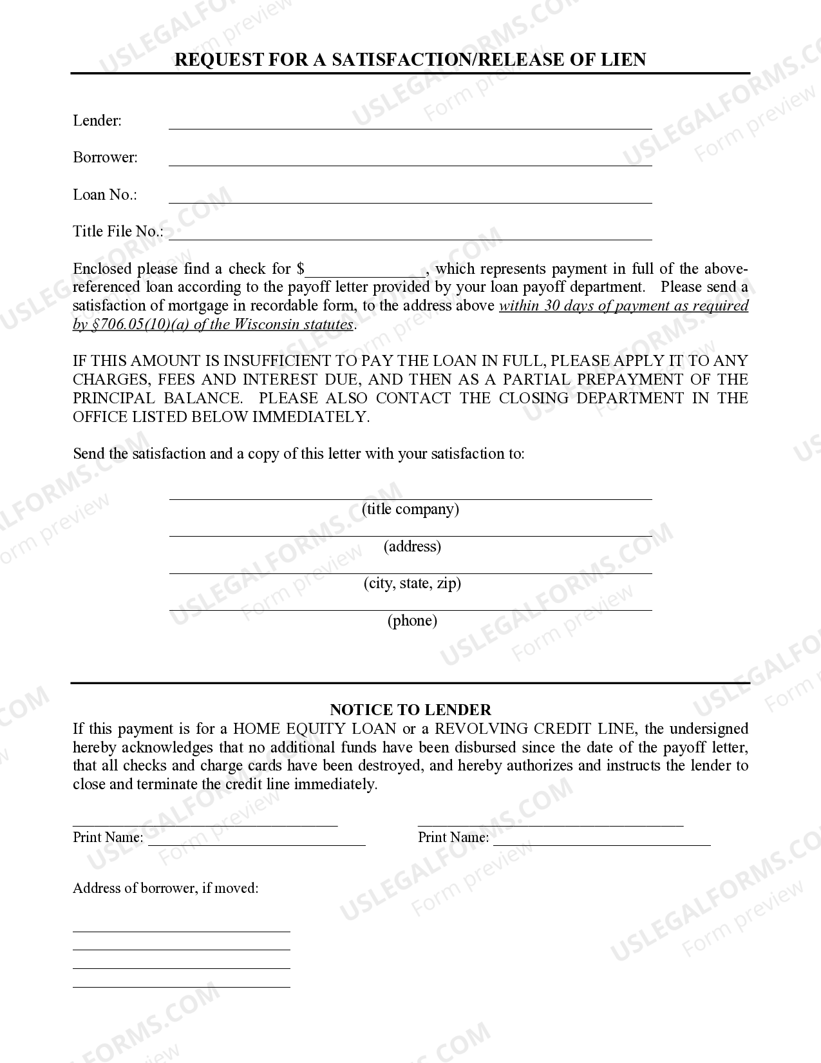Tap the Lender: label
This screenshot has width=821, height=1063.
(97, 120)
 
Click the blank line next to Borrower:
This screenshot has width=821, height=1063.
(410, 161)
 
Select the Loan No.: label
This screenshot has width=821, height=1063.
(105, 195)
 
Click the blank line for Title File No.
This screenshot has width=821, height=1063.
(410, 235)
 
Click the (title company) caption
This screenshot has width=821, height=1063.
(410, 509)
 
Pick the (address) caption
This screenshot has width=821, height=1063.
(412, 546)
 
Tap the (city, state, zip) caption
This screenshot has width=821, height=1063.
(412, 583)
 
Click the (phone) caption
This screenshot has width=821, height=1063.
(412, 620)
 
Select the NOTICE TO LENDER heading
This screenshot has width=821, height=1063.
(410, 710)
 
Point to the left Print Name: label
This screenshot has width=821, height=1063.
(108, 837)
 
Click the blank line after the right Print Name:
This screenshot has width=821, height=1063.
(601, 841)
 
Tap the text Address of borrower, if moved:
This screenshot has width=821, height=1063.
(165, 888)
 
